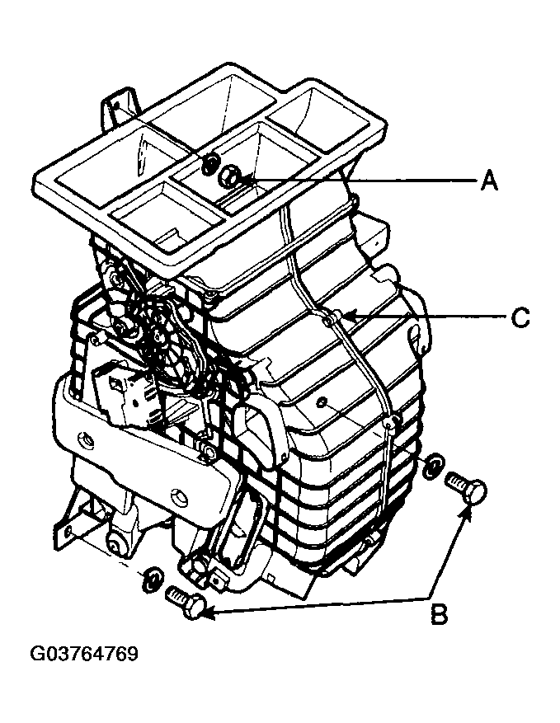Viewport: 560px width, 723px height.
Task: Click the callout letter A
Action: (x=489, y=180)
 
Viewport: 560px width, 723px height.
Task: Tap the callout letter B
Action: (x=439, y=614)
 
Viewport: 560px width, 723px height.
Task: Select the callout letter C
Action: (x=520, y=317)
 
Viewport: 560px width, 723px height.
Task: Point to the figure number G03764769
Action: (x=84, y=654)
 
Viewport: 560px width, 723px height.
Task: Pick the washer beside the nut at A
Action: (x=210, y=164)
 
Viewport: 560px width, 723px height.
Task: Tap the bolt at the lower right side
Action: (x=467, y=491)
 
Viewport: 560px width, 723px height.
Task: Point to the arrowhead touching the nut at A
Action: (x=246, y=177)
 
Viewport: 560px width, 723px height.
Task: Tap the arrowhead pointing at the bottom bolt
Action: (x=208, y=613)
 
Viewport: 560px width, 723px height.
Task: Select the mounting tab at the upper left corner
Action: (x=118, y=106)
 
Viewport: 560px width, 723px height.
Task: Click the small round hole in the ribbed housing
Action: (x=322, y=402)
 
